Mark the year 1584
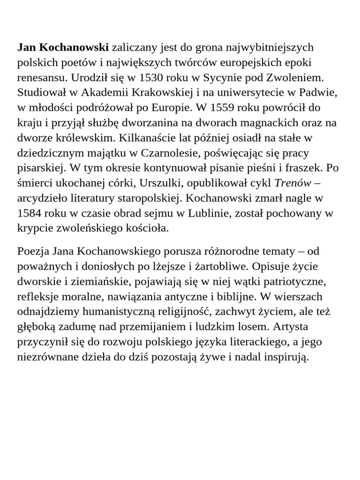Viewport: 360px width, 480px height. pyautogui.click(x=30, y=213)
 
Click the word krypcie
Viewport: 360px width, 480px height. pyautogui.click(x=35, y=228)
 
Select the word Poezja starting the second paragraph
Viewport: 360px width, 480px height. pyautogui.click(x=33, y=251)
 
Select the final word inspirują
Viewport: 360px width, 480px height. pyautogui.click(x=285, y=357)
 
